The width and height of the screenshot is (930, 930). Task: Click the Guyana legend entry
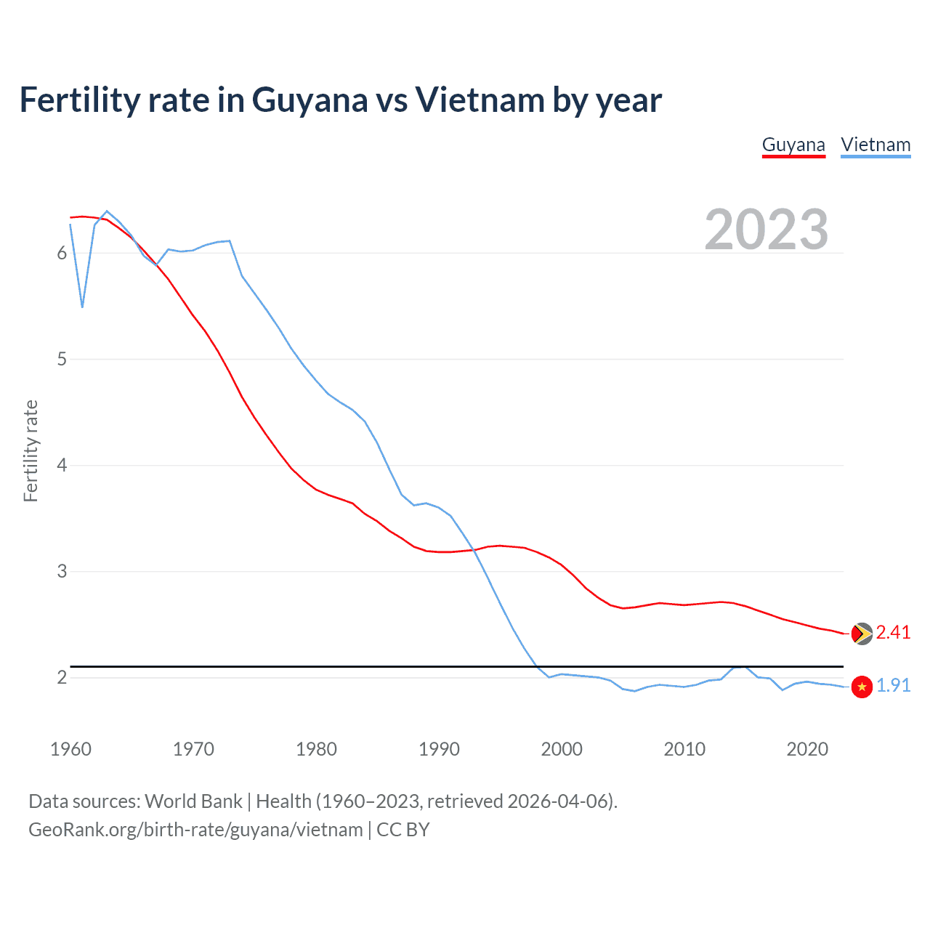tap(793, 145)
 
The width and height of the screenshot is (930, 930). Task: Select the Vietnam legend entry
tap(876, 145)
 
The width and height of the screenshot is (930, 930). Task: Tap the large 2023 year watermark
tap(767, 230)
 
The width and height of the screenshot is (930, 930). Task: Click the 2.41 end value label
tap(893, 632)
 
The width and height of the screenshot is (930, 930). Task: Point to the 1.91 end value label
tap(893, 685)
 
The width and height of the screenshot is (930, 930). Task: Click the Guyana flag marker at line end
tap(862, 633)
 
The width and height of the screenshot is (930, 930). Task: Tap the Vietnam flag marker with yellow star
tap(862, 687)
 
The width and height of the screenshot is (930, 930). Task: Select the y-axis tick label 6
tap(62, 253)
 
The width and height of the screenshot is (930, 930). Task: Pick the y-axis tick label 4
tap(62, 465)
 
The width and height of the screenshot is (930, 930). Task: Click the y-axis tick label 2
tap(62, 677)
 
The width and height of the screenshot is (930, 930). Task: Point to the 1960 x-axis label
tap(70, 749)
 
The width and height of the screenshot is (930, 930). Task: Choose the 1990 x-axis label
tap(439, 749)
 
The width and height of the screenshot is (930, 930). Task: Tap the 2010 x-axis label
tap(684, 749)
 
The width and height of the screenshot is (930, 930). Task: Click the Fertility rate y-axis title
tap(31, 450)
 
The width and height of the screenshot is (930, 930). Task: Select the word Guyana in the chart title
tap(310, 101)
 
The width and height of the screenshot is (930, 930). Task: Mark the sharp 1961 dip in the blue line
tap(82, 307)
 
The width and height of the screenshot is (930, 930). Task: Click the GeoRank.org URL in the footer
tap(195, 830)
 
